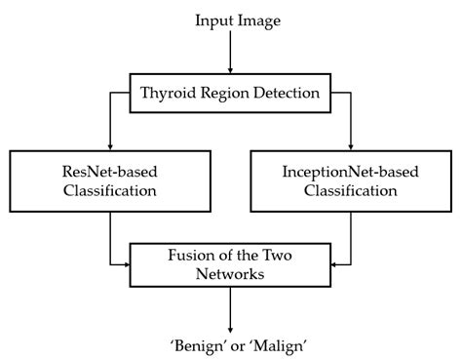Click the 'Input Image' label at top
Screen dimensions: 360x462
click(231, 20)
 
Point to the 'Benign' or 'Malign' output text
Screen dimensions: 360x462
click(231, 344)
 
